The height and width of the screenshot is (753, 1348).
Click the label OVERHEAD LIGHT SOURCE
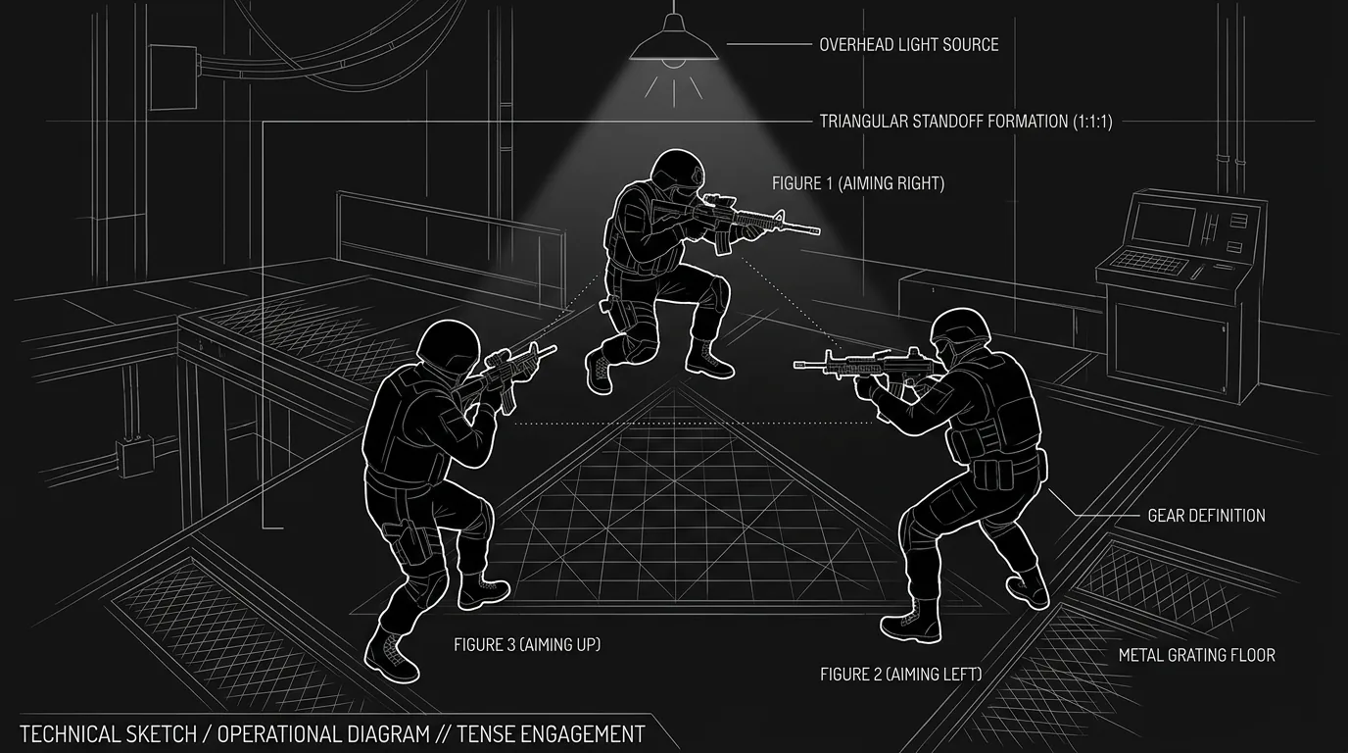[x=909, y=44]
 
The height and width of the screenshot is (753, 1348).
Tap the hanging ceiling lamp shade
[x=674, y=44]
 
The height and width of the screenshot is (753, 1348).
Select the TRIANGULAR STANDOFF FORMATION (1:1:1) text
[x=966, y=121]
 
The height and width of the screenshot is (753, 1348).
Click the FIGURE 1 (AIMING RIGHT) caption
[x=858, y=183]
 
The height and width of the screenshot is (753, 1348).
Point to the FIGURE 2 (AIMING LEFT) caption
[x=901, y=674]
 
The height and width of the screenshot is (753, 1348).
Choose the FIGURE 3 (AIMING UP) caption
[x=527, y=644]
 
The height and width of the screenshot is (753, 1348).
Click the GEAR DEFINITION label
[x=1207, y=516]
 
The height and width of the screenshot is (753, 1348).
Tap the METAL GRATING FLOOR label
[x=1197, y=655]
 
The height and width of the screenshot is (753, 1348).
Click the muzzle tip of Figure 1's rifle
[x=817, y=230]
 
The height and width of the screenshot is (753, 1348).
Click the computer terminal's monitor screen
[x=1162, y=224]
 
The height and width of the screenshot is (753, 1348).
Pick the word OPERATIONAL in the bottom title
[x=323, y=734]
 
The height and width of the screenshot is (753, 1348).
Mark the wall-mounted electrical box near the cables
[x=174, y=77]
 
